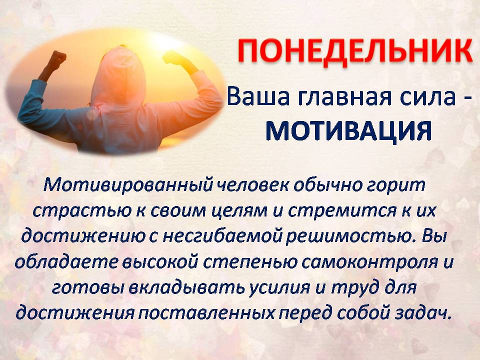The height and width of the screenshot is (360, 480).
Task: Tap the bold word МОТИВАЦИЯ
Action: pyautogui.click(x=348, y=131)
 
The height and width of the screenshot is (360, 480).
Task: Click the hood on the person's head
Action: pyautogui.click(x=118, y=75)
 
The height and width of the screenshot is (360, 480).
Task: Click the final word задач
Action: pyautogui.click(x=424, y=313)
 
